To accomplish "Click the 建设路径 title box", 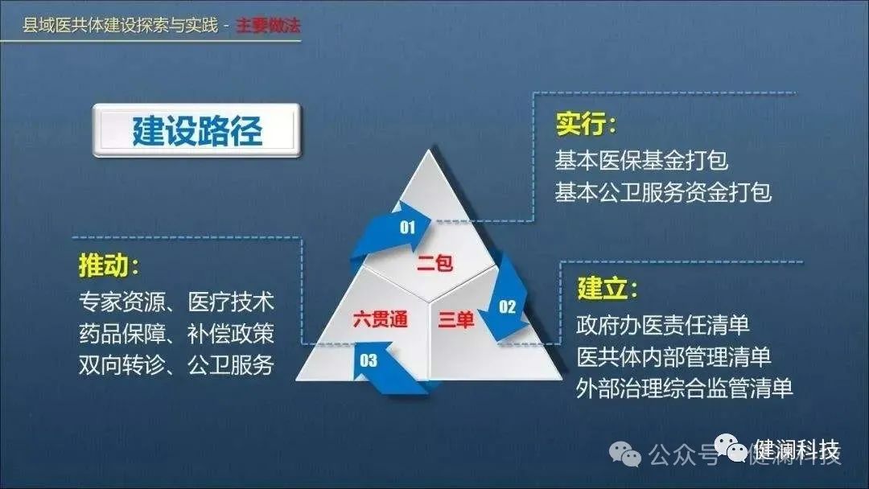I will pyautogui.click(x=197, y=130).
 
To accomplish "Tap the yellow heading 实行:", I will pyautogui.click(x=586, y=125).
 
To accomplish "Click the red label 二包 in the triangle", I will pyautogui.click(x=434, y=262).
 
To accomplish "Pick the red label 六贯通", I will pyautogui.click(x=381, y=319).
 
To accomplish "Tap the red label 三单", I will pyautogui.click(x=456, y=320).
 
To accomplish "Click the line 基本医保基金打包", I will pyautogui.click(x=641, y=160).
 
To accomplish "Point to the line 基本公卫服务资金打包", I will pyautogui.click(x=663, y=192).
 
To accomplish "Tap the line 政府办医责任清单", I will pyautogui.click(x=663, y=325).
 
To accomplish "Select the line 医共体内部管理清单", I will pyautogui.click(x=673, y=356).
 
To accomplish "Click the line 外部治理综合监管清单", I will pyautogui.click(x=685, y=388).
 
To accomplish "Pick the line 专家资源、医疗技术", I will pyautogui.click(x=176, y=302).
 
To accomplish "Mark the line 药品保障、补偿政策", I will pyautogui.click(x=176, y=333).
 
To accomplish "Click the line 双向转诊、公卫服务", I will pyautogui.click(x=176, y=364).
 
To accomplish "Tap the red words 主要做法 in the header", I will pyautogui.click(x=269, y=26).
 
